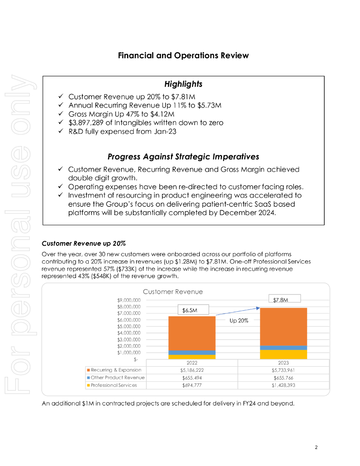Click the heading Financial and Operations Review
pos(183,56)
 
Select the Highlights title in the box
pos(183,84)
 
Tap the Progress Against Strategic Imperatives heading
pos(183,157)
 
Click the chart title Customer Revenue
pos(173,292)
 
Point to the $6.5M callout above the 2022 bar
pos(189,310)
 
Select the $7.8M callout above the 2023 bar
pos(281,299)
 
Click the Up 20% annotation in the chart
pos(238,320)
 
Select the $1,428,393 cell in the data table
pos(283,385)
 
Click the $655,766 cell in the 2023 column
pos(283,378)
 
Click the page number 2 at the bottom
pos(316,447)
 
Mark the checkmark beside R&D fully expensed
pos(61,132)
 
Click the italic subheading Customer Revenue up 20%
pos(83,244)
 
